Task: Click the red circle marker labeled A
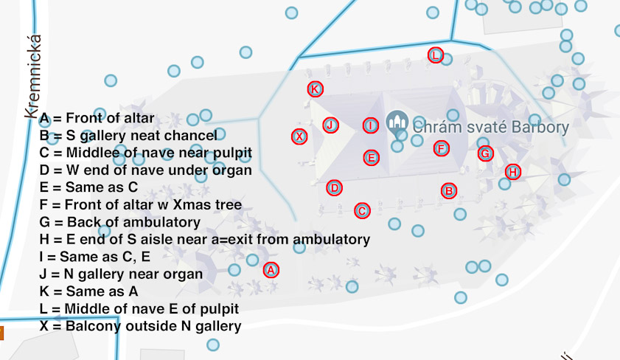tap(271, 270)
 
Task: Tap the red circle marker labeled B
tap(448, 190)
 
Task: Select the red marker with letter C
tap(361, 211)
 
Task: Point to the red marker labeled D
tap(335, 187)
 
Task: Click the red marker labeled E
tap(372, 157)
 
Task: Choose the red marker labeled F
tap(441, 148)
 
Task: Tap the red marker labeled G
tap(485, 153)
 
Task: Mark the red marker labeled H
tap(513, 172)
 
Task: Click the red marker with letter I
tap(370, 125)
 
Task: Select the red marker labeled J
tap(330, 125)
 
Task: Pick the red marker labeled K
tap(315, 89)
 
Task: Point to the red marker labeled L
tap(436, 55)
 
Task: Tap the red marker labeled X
tap(299, 136)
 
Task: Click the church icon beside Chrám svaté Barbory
tap(397, 123)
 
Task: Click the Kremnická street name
tap(31, 77)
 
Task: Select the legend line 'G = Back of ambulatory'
tap(120, 222)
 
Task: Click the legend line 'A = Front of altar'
tap(97, 118)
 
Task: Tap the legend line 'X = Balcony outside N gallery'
tap(140, 325)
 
